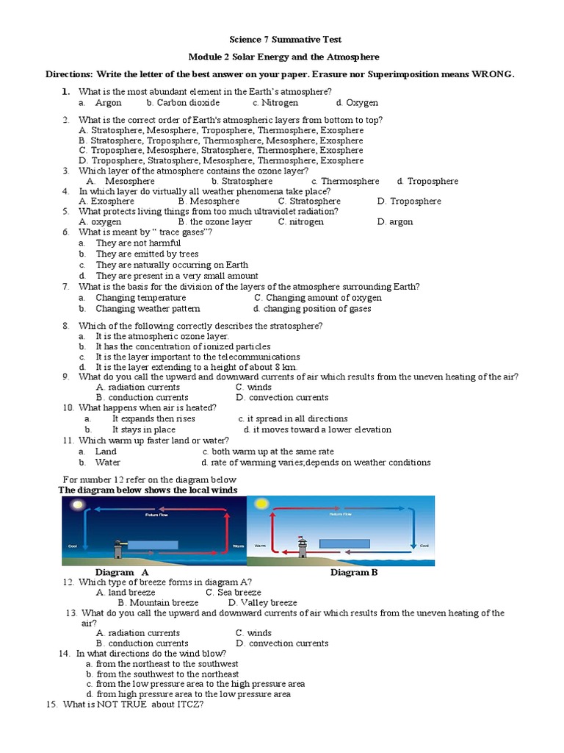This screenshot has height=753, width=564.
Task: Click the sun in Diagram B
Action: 261,504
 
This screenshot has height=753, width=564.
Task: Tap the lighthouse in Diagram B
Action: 301,548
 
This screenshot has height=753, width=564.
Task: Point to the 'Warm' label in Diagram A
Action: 238,546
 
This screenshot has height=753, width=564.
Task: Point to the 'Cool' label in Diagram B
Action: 424,546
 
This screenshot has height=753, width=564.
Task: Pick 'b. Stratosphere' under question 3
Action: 242,181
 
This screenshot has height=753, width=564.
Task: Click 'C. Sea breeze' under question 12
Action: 233,592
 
